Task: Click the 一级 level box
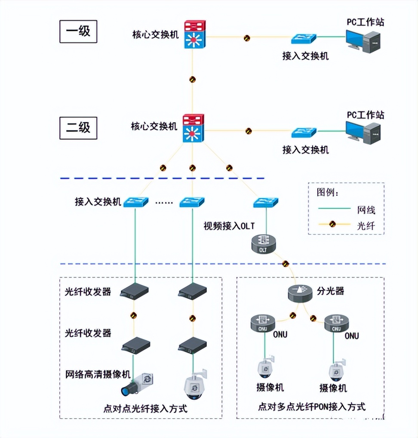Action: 78,32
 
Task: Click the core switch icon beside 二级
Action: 193,129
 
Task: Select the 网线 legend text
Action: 366,210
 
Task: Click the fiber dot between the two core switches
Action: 193,80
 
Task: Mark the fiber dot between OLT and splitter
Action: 285,263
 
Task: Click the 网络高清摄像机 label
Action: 97,373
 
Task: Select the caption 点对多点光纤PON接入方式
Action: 311,407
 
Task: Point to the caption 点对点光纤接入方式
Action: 146,408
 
